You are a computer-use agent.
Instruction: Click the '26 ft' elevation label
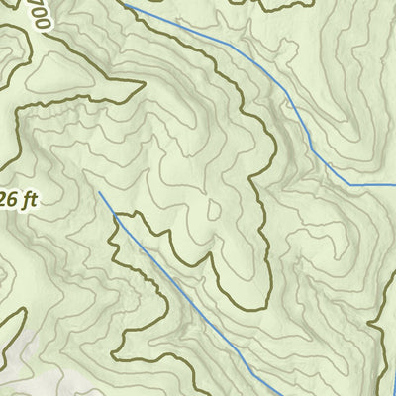click(17, 199)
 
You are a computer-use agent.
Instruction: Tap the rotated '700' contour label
click(40, 15)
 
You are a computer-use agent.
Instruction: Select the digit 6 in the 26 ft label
click(10, 199)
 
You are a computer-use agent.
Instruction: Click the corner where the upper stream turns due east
click(348, 184)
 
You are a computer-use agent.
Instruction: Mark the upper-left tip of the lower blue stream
click(99, 192)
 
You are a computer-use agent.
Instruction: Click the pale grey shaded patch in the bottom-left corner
click(20, 371)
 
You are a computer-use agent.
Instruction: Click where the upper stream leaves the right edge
click(394, 184)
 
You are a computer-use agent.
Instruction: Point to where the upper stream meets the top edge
click(125, 2)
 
